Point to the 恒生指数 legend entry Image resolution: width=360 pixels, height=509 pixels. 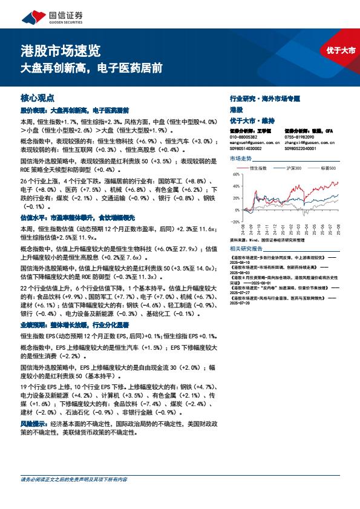click(x=266, y=167)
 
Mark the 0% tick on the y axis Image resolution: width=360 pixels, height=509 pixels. click(x=237, y=202)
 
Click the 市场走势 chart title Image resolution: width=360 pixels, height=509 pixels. click(x=241, y=159)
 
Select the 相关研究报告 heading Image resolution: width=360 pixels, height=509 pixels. click(x=246, y=248)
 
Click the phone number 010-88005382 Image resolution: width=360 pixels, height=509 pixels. click(x=244, y=137)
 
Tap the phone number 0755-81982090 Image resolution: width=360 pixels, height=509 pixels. click(x=300, y=137)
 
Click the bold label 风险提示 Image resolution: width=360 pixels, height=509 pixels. click(x=34, y=424)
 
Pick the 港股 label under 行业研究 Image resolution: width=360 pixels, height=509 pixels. click(x=236, y=109)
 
